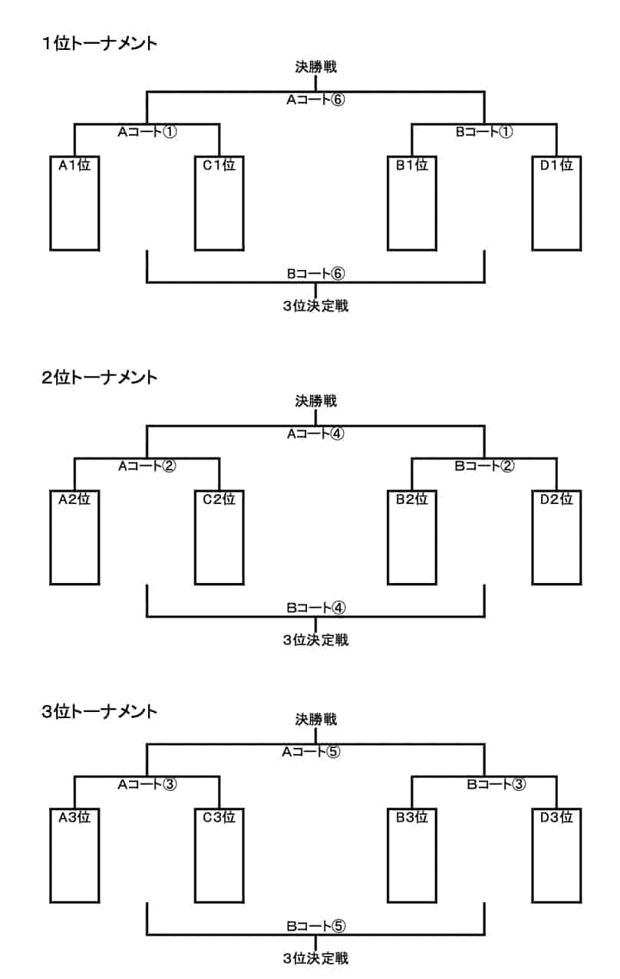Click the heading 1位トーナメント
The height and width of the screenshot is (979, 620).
pyautogui.click(x=100, y=44)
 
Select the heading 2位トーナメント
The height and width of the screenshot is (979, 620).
pyautogui.click(x=100, y=377)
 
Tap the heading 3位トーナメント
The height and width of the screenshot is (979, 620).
pyautogui.click(x=100, y=710)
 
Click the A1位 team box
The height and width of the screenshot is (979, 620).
pyautogui.click(x=74, y=203)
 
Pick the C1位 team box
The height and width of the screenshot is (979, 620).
pyautogui.click(x=219, y=203)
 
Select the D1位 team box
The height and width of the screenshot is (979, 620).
pyautogui.click(x=556, y=203)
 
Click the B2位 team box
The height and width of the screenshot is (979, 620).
pyautogui.click(x=412, y=536)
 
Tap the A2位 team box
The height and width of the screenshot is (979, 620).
pyautogui.click(x=74, y=536)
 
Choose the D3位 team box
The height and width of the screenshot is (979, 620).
pyautogui.click(x=556, y=855)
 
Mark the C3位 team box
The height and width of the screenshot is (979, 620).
pyautogui.click(x=219, y=855)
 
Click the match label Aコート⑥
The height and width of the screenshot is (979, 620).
pyautogui.click(x=315, y=100)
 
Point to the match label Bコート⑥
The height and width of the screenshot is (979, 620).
pyautogui.click(x=315, y=273)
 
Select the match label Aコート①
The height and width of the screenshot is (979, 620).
pyautogui.click(x=147, y=132)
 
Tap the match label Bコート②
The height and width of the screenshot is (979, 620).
pyautogui.click(x=484, y=466)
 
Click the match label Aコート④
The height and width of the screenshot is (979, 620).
pyautogui.click(x=315, y=433)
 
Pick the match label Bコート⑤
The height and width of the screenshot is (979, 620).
pyautogui.click(x=315, y=925)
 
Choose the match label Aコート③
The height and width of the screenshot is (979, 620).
pyautogui.click(x=147, y=784)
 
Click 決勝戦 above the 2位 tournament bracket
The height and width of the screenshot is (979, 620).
pyautogui.click(x=315, y=400)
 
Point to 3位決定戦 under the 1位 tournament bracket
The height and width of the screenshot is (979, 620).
pyautogui.click(x=315, y=306)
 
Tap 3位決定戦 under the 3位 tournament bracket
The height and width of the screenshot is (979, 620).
pyautogui.click(x=315, y=958)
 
